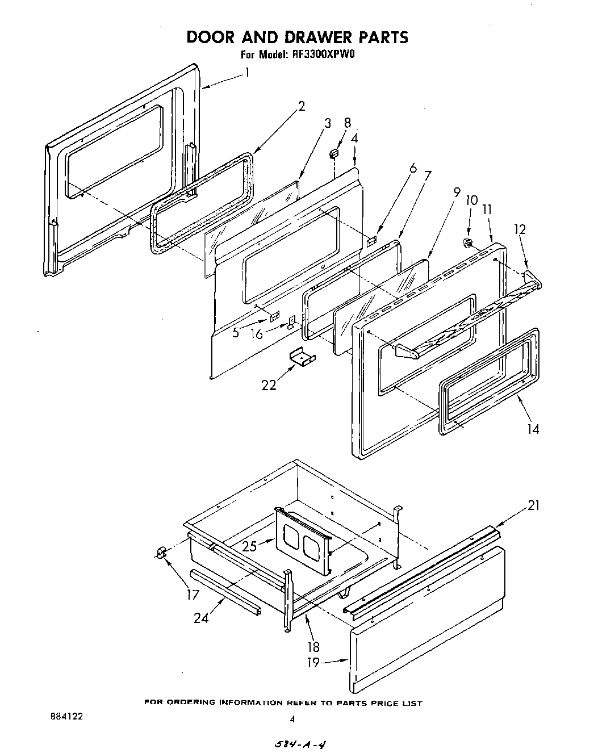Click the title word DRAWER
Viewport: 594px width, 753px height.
click(x=309, y=37)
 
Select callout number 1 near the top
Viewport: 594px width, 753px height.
click(x=247, y=73)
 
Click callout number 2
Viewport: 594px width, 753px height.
click(x=302, y=106)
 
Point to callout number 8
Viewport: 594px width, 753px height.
click(x=348, y=123)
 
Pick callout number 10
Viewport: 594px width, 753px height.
click(x=471, y=200)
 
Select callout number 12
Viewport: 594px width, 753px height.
click(x=519, y=229)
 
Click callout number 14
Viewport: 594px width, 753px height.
click(x=532, y=429)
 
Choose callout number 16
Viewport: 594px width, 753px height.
click(x=257, y=334)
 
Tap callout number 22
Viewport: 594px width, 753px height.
click(x=269, y=385)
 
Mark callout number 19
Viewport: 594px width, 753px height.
click(x=313, y=662)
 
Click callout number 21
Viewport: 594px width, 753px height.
click(x=533, y=505)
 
